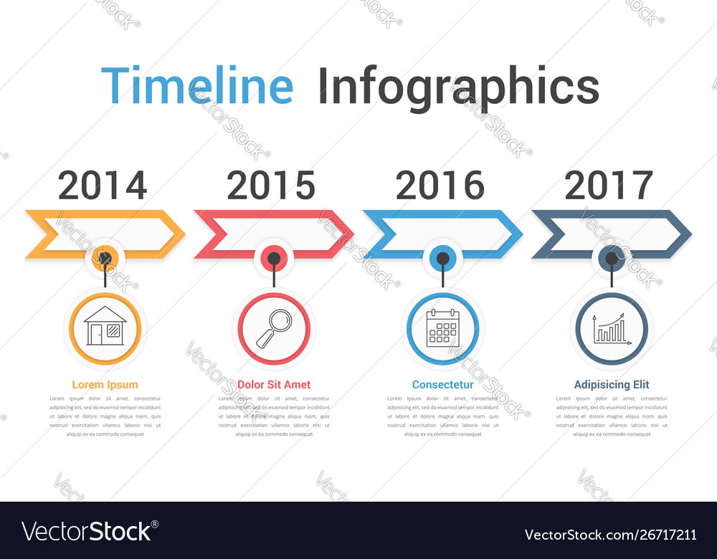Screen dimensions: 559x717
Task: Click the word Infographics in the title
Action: pyautogui.click(x=458, y=87)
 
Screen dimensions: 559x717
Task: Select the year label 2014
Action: pyautogui.click(x=103, y=185)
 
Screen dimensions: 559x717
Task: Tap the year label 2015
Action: pyautogui.click(x=271, y=185)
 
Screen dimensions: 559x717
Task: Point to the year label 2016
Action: pyautogui.click(x=440, y=185)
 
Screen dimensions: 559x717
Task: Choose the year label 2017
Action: pyautogui.click(x=609, y=185)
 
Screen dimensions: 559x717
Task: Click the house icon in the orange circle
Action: pyautogui.click(x=105, y=327)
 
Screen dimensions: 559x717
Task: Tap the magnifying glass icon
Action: pyautogui.click(x=274, y=328)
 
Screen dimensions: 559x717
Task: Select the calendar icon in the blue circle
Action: pyautogui.click(x=442, y=328)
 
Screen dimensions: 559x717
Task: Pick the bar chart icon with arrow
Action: pyautogui.click(x=612, y=329)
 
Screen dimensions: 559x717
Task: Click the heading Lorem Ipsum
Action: pyautogui.click(x=105, y=385)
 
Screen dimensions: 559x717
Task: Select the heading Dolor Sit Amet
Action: pyautogui.click(x=274, y=385)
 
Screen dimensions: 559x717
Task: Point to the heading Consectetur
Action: pyautogui.click(x=442, y=385)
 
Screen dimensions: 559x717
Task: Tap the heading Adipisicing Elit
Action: pyautogui.click(x=612, y=385)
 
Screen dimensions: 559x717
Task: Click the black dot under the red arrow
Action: pyautogui.click(x=274, y=258)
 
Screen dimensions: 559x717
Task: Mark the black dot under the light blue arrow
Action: pyautogui.click(x=443, y=258)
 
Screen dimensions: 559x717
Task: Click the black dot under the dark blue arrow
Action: pyautogui.click(x=612, y=258)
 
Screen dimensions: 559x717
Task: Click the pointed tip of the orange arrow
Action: pyautogui.click(x=183, y=234)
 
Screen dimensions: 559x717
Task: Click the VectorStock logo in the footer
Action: pyautogui.click(x=87, y=531)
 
